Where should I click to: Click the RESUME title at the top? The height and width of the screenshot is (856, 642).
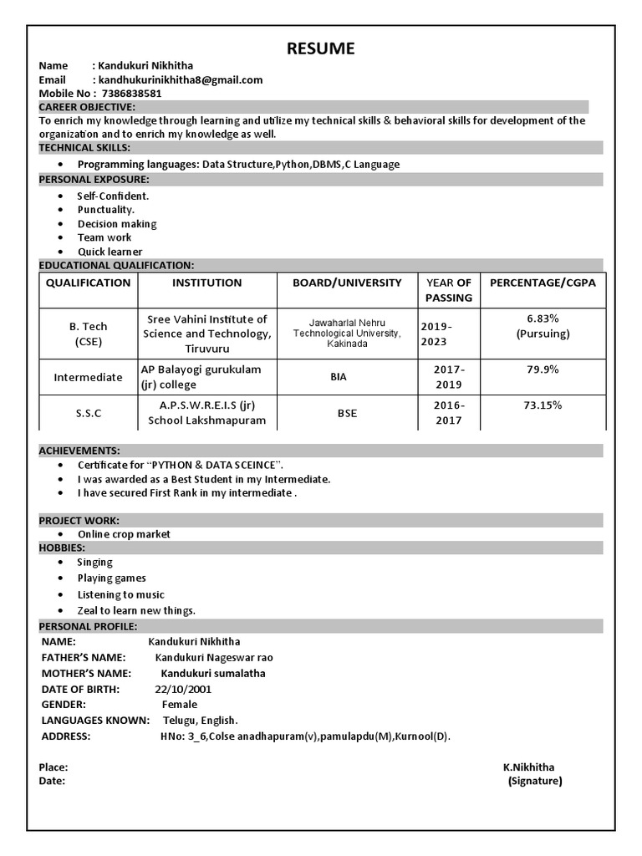pos(320,48)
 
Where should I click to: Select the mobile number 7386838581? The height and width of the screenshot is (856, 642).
pos(130,94)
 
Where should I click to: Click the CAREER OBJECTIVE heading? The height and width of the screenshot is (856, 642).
pos(87,107)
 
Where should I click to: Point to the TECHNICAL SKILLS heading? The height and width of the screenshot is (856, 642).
pos(84,148)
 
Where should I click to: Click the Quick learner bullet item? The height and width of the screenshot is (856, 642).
pos(110,252)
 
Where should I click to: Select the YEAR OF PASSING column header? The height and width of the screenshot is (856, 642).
pos(448,290)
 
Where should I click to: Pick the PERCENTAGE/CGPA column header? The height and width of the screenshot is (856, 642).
pos(543,283)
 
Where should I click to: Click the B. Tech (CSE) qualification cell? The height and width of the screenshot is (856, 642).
pos(89,334)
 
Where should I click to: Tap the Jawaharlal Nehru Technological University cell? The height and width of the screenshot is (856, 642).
pos(347,333)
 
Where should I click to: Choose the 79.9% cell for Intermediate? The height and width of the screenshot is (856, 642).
pos(543,369)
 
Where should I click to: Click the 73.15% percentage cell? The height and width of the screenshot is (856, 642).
pos(543,405)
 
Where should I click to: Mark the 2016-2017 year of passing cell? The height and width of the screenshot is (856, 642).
pos(449,413)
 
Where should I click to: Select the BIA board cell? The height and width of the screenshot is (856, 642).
pos(339,377)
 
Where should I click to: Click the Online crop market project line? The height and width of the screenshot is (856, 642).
pos(124,534)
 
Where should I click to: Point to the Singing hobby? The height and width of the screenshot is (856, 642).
pos(94,563)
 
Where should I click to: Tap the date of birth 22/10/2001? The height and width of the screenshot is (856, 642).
pos(183,690)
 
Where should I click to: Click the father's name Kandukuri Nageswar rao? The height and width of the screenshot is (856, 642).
pos(214,658)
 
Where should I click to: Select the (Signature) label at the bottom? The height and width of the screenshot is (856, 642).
pos(535,782)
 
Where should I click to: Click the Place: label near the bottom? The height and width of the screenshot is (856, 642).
pos(53,767)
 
